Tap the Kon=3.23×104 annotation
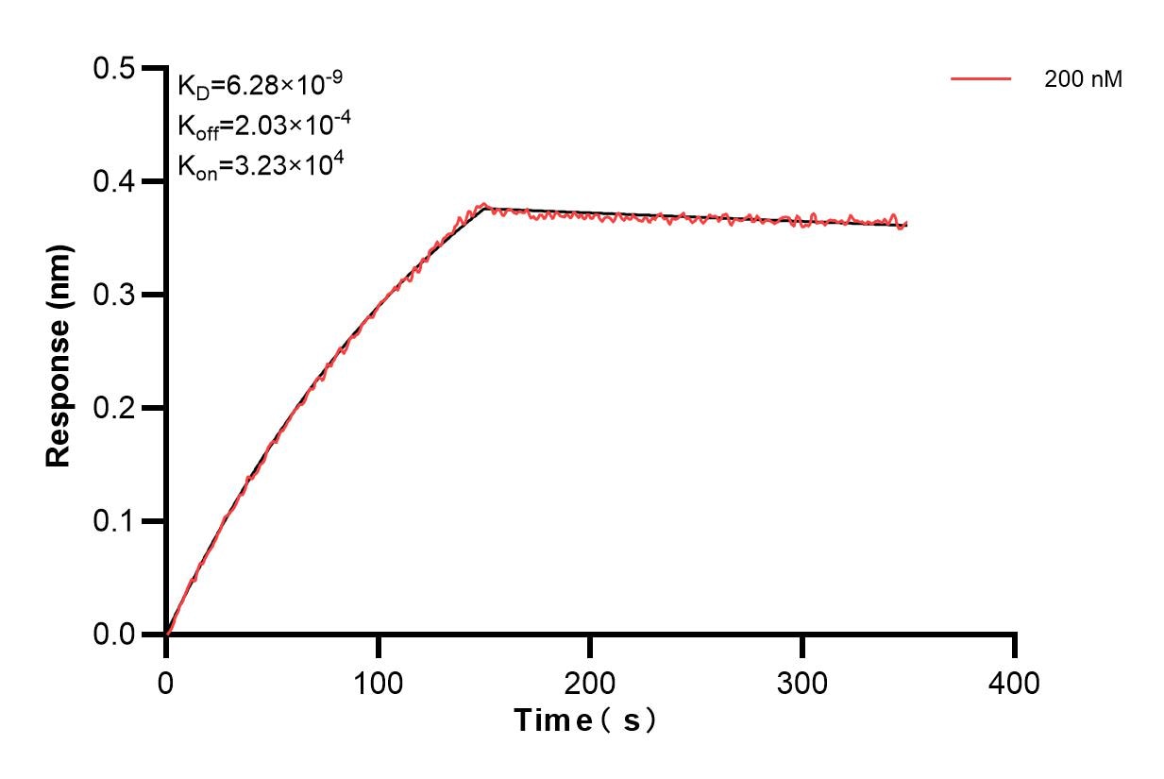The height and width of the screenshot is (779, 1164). [260, 165]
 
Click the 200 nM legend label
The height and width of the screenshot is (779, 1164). [1083, 80]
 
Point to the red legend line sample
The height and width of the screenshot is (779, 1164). [981, 79]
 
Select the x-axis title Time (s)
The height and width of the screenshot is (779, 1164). [585, 720]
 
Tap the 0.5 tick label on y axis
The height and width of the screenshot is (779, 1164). [113, 68]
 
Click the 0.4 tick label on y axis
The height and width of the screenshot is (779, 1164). [113, 181]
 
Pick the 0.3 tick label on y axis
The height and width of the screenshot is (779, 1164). [113, 295]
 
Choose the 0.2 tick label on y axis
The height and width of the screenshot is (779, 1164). [113, 408]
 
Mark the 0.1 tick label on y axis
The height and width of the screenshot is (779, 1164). [113, 521]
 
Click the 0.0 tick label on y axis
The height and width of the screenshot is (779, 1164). [113, 635]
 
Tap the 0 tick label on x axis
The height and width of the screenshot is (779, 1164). [166, 682]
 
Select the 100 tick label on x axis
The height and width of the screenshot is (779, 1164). [378, 682]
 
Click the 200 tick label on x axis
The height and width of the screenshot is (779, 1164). [590, 682]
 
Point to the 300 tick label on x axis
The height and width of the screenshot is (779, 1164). [802, 682]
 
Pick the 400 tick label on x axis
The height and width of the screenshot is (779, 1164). [1014, 682]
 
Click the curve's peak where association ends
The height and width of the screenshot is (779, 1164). [484, 205]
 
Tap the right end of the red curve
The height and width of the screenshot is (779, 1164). [907, 225]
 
